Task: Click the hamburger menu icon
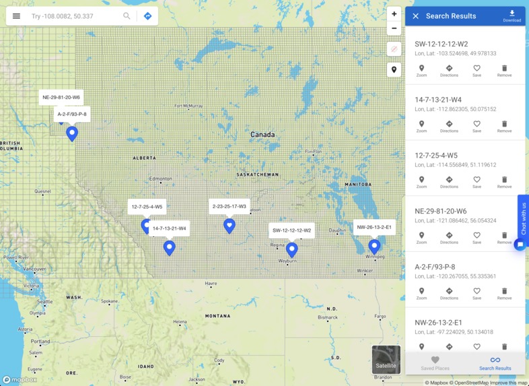16,16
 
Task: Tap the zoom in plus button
394,13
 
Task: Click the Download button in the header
512,15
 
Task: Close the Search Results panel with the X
415,16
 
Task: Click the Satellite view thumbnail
386,360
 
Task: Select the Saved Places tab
435,363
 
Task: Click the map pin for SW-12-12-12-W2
291,250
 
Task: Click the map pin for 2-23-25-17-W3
230,225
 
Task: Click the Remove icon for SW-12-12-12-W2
504,71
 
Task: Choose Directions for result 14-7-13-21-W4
449,127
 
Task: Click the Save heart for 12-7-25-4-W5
477,182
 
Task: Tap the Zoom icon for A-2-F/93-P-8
421,293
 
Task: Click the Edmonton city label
160,179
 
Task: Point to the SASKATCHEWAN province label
258,174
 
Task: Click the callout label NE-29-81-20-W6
61,97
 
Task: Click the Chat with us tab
524,218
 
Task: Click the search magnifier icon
127,16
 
